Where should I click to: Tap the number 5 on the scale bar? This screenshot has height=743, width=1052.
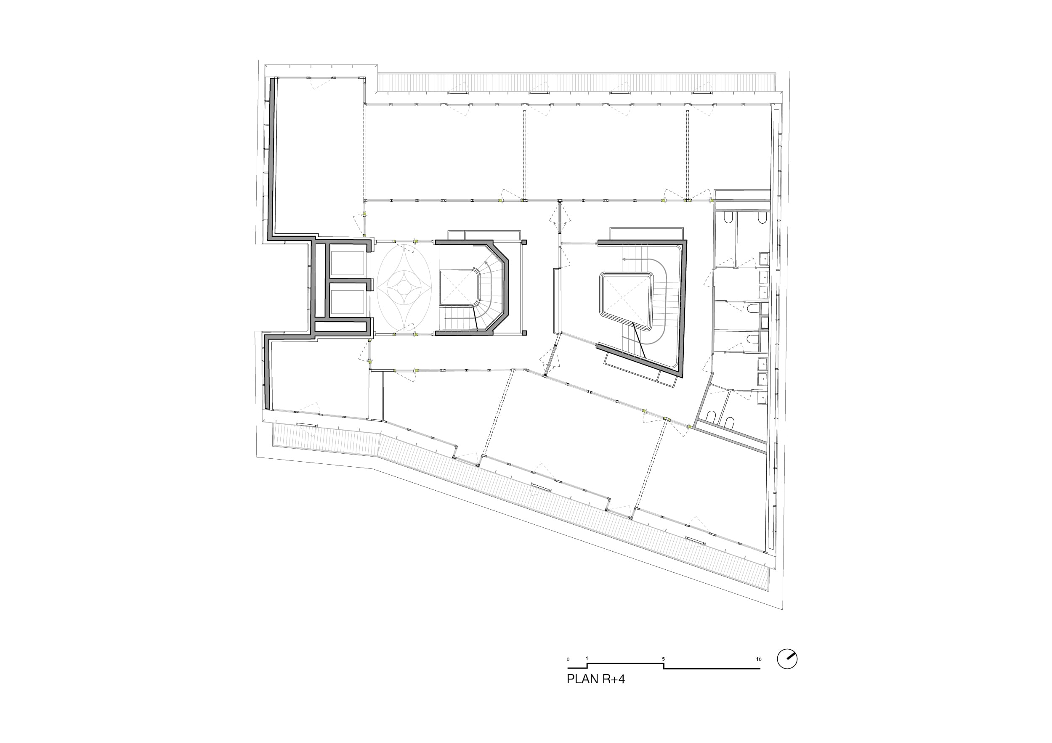pyautogui.click(x=663, y=659)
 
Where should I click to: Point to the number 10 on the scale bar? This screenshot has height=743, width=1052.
pyautogui.click(x=759, y=659)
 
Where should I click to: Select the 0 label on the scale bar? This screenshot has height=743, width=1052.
pyautogui.click(x=568, y=660)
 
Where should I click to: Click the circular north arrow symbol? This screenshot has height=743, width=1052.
pyautogui.click(x=787, y=659)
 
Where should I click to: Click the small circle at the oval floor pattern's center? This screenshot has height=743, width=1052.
pyautogui.click(x=404, y=287)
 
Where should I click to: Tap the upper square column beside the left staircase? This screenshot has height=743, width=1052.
pyautogui.click(x=524, y=242)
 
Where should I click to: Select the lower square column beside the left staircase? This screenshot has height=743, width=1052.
pyautogui.click(x=524, y=333)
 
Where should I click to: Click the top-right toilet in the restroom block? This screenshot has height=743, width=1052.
pyautogui.click(x=762, y=219)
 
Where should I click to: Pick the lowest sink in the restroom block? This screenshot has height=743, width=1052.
pyautogui.click(x=762, y=398)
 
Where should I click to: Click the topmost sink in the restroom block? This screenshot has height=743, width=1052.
pyautogui.click(x=764, y=259)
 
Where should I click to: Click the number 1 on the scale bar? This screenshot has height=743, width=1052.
pyautogui.click(x=587, y=659)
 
